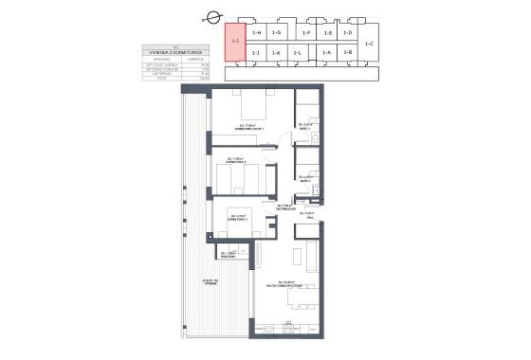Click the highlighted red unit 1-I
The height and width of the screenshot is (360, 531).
[x=234, y=43]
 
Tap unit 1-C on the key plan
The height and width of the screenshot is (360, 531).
[x=369, y=44]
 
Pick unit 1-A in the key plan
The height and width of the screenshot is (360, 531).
[x=325, y=53]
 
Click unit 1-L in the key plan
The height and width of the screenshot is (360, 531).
[x=297, y=53]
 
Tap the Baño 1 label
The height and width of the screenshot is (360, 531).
[x=305, y=126]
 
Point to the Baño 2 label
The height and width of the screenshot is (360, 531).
[x=305, y=177]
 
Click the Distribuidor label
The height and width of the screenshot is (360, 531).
[x=284, y=207]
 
